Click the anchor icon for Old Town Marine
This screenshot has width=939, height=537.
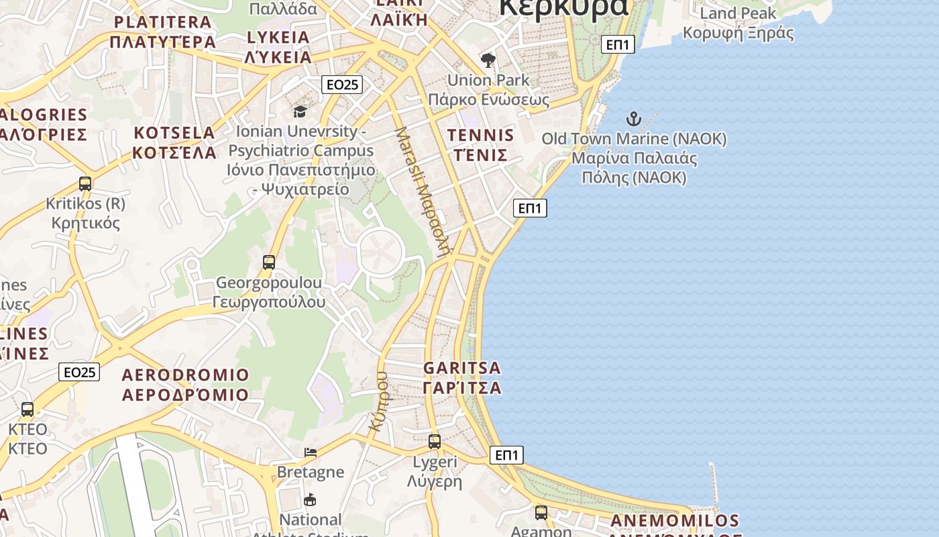[x=634, y=119]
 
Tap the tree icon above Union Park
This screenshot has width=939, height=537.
[x=488, y=60]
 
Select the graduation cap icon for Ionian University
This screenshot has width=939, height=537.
[x=300, y=111]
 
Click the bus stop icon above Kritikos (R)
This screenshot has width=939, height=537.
[x=85, y=183]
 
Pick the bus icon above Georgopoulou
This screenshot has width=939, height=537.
[x=269, y=262]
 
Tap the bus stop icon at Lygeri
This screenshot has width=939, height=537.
[x=435, y=442]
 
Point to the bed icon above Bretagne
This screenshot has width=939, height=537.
[x=310, y=452]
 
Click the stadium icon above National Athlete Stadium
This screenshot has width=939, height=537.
[x=310, y=499]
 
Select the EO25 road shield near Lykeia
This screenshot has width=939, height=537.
[x=342, y=85]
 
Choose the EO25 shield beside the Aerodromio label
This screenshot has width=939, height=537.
[x=79, y=372]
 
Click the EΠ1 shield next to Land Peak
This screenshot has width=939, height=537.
[x=617, y=45]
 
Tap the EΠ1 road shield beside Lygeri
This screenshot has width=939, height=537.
[x=506, y=455]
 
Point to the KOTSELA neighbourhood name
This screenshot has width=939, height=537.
[x=174, y=142]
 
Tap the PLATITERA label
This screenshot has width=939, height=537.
[x=163, y=32]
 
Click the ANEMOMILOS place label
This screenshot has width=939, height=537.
[x=675, y=521]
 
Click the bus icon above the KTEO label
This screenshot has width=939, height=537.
[x=27, y=409]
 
